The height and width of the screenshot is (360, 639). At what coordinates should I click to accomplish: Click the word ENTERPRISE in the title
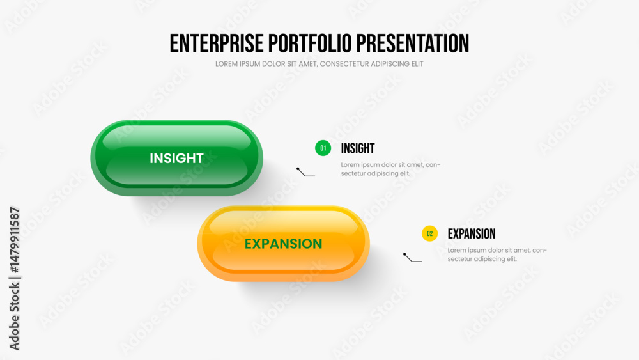pos(217,43)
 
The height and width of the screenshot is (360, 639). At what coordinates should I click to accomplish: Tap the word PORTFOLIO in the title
pos(310,43)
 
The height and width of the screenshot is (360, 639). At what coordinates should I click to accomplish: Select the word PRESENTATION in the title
pos(412,43)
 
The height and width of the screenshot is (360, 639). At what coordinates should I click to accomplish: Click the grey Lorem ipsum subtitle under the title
pos(319,64)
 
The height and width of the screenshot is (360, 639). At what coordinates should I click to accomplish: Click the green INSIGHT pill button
pos(176,158)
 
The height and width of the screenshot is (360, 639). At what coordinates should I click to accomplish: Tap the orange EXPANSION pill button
pos(283,244)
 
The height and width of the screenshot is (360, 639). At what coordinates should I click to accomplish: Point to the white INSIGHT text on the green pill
pos(176,158)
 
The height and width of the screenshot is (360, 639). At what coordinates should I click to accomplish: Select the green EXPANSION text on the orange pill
pos(283,244)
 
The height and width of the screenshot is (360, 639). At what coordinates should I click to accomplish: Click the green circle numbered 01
pos(323,148)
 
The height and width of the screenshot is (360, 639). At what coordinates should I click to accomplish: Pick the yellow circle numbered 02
pos(429,233)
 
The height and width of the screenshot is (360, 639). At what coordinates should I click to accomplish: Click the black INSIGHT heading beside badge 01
pos(358,148)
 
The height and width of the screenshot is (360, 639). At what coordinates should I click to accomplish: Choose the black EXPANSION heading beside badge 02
pos(472,233)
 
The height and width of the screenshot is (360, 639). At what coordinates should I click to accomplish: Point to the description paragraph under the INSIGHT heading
pos(390,169)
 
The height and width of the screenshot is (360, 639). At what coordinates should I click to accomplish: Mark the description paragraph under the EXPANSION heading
pos(497,254)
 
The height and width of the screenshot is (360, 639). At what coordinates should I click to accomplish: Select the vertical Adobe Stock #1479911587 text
pos(14,278)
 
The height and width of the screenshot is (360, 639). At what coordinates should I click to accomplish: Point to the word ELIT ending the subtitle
pos(417,64)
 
